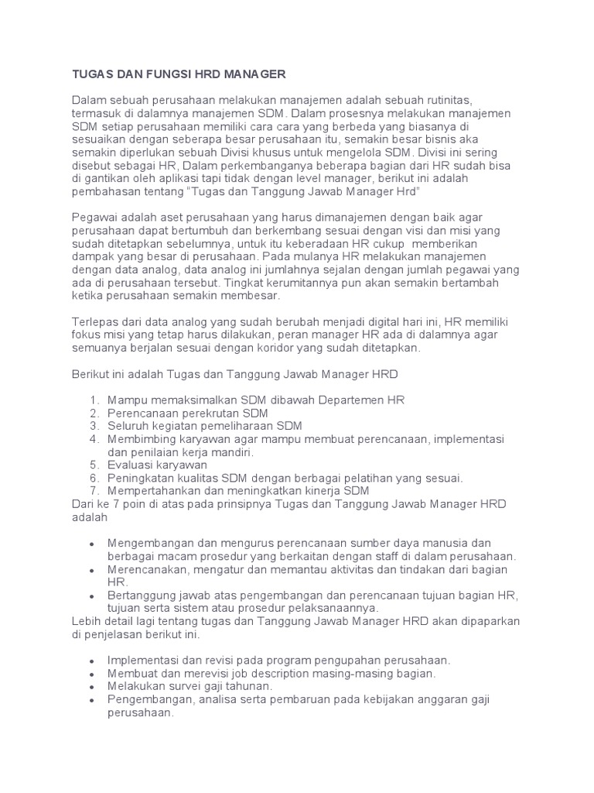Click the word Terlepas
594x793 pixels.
(x=95, y=321)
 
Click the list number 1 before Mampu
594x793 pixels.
(x=94, y=400)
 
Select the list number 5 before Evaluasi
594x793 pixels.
(x=94, y=465)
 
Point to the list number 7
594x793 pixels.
(x=94, y=491)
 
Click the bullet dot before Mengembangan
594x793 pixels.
(x=93, y=544)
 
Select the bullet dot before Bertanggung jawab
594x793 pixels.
(x=93, y=596)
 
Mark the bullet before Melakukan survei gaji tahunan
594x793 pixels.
(x=93, y=688)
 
